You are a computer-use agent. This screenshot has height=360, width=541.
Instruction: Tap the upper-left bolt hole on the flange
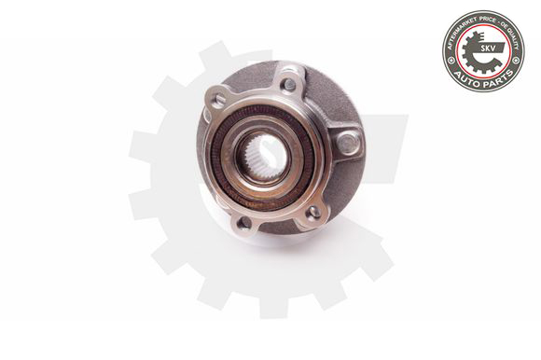(x=220, y=99)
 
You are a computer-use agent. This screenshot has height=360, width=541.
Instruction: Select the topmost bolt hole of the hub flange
(x=289, y=85)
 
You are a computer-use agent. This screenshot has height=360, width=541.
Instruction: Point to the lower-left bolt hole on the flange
(x=243, y=222)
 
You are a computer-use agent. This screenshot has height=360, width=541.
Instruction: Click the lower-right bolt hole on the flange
(x=314, y=212)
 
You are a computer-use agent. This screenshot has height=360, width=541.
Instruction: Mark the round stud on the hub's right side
(x=347, y=143)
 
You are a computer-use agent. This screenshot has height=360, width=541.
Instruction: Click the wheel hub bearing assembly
(x=280, y=149)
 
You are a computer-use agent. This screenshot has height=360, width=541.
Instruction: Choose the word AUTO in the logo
(x=468, y=76)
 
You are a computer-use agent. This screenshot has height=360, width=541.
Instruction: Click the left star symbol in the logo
(x=451, y=60)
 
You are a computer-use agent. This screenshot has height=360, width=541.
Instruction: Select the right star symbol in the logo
(x=515, y=61)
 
